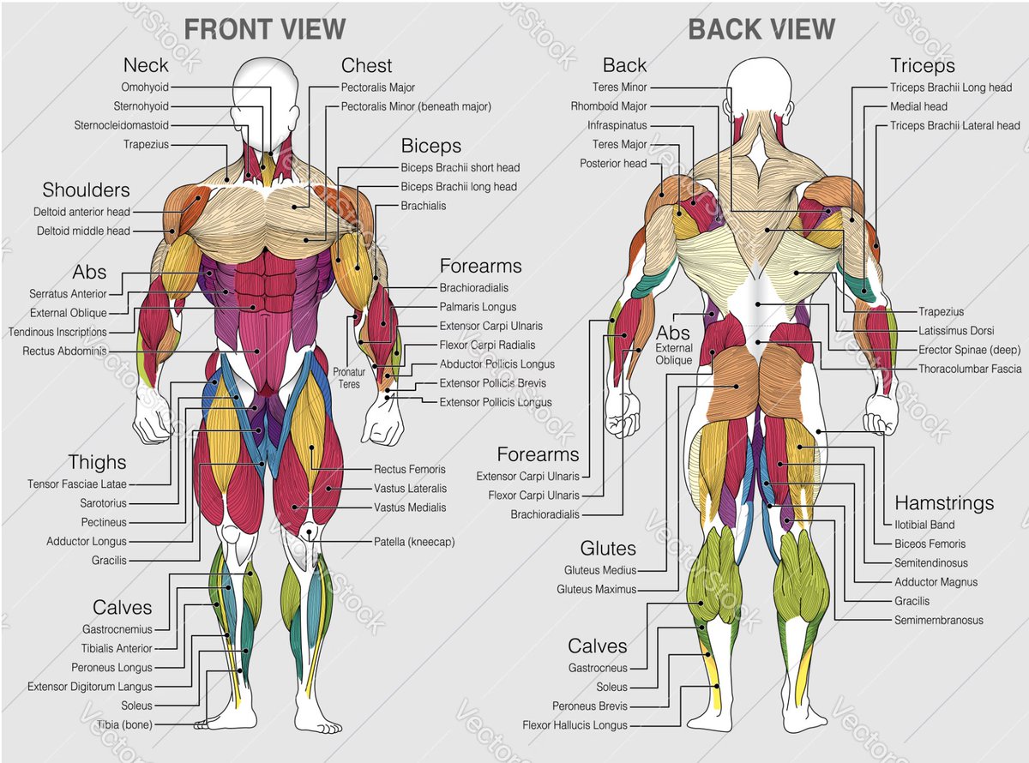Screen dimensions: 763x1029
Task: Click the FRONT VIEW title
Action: click(x=264, y=29)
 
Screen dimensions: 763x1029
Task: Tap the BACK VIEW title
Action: click(x=761, y=29)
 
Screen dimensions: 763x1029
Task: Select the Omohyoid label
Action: click(x=145, y=87)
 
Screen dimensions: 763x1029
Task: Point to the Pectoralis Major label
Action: click(x=378, y=87)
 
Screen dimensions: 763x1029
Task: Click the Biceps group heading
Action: click(x=430, y=146)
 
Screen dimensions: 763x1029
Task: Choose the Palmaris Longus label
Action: click(x=478, y=307)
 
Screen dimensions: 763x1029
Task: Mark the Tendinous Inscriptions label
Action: click(x=57, y=332)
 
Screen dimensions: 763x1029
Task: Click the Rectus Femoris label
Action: click(x=409, y=470)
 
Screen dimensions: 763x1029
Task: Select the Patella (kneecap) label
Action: click(x=414, y=542)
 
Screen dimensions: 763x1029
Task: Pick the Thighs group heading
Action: click(x=97, y=463)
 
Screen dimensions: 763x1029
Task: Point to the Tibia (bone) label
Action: click(x=122, y=725)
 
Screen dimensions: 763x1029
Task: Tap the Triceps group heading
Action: click(x=922, y=66)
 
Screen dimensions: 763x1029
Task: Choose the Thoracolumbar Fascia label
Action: click(x=970, y=369)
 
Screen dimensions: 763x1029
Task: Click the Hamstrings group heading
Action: click(x=944, y=503)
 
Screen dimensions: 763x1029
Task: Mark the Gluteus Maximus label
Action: click(x=596, y=590)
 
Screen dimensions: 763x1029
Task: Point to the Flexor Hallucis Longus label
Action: click(x=575, y=726)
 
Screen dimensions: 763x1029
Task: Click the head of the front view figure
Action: click(x=266, y=90)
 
